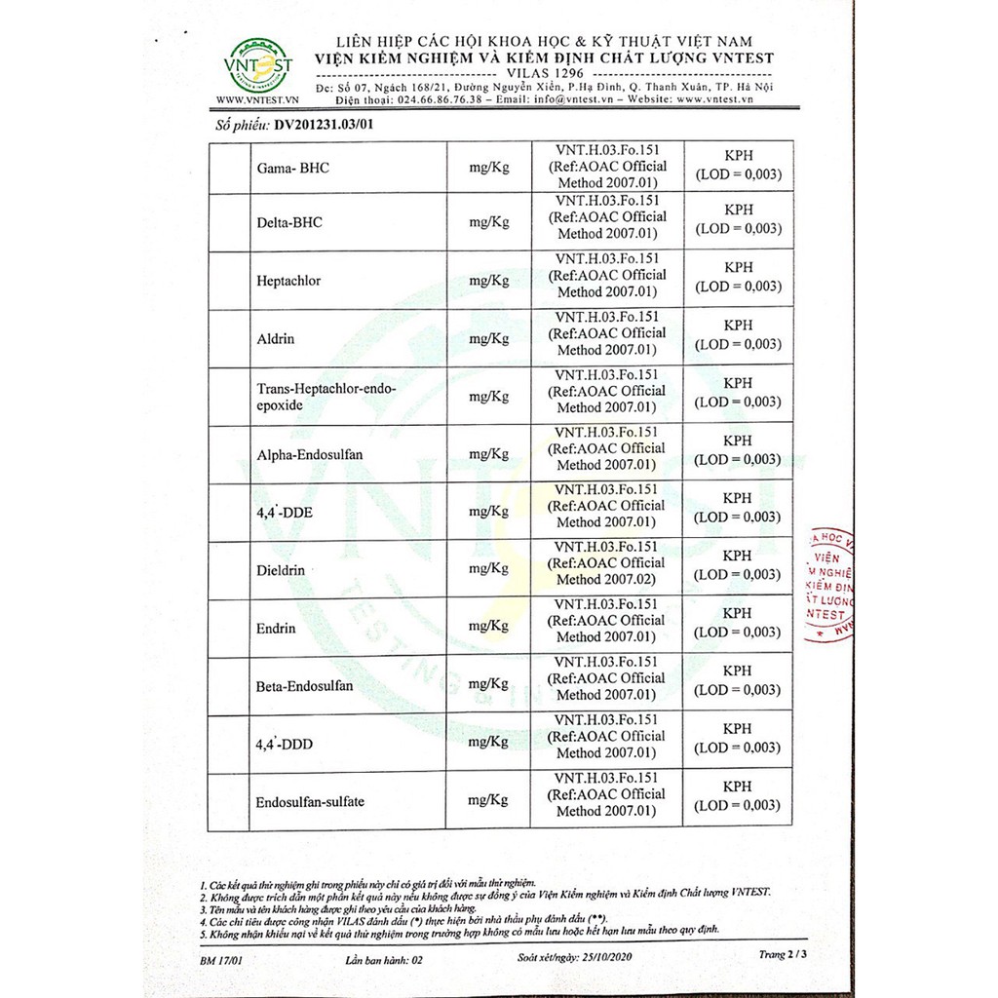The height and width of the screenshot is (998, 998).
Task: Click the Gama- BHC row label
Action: point(292,168)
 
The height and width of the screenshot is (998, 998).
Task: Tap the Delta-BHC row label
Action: point(289,222)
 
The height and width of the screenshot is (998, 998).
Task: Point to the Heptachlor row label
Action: point(288,281)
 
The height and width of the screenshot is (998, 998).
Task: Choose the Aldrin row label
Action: point(276,339)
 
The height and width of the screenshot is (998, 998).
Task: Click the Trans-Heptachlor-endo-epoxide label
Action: point(326,398)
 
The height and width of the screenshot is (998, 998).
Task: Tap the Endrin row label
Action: point(276,629)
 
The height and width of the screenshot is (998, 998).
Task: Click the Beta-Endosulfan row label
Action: point(304,686)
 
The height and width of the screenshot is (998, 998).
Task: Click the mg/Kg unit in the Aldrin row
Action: point(489,339)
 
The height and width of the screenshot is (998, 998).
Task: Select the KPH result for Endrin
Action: point(738,613)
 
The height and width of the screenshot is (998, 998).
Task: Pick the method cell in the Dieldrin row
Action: point(606,563)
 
